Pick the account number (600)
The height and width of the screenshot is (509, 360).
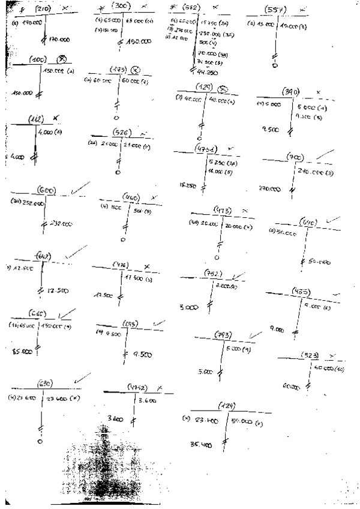pyautogui.click(x=47, y=190)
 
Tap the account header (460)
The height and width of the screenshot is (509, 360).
pyautogui.click(x=131, y=197)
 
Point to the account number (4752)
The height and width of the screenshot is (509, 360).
pyautogui.click(x=139, y=388)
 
